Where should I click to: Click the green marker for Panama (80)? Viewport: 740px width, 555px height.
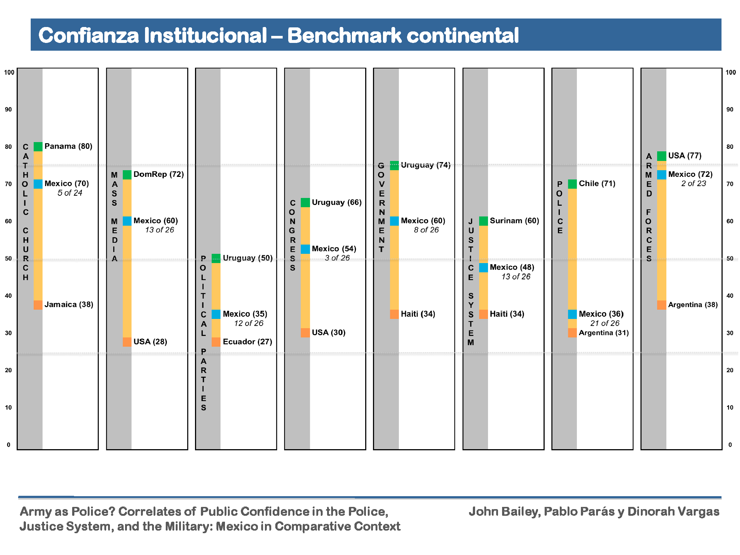tap(38, 147)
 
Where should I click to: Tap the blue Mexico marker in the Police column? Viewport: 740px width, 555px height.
tap(572, 314)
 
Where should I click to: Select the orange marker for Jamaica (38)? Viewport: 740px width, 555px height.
tap(38, 305)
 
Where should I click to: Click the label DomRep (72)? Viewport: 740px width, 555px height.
tap(158, 174)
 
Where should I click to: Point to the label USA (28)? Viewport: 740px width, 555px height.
tap(150, 342)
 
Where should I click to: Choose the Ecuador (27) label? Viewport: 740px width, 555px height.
tap(247, 342)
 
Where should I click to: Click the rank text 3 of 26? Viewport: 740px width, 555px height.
tap(337, 258)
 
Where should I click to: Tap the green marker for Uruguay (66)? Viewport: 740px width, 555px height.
tap(305, 202)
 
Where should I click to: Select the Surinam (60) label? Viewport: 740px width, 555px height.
tap(514, 221)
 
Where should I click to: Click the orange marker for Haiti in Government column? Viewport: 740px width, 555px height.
tap(394, 314)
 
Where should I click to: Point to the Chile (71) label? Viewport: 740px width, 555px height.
tap(597, 184)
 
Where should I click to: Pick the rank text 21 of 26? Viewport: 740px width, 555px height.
tap(605, 323)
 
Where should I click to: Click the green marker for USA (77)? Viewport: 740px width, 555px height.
tap(662, 156)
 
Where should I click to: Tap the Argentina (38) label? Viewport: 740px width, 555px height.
tap(693, 305)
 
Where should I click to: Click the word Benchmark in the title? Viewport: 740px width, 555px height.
tap(344, 36)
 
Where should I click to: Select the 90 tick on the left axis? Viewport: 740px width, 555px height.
tap(8, 110)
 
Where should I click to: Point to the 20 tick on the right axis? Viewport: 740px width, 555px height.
tap(730, 370)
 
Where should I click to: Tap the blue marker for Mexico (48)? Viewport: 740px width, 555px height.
tap(484, 268)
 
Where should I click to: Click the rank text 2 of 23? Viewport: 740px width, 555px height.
tap(693, 184)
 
